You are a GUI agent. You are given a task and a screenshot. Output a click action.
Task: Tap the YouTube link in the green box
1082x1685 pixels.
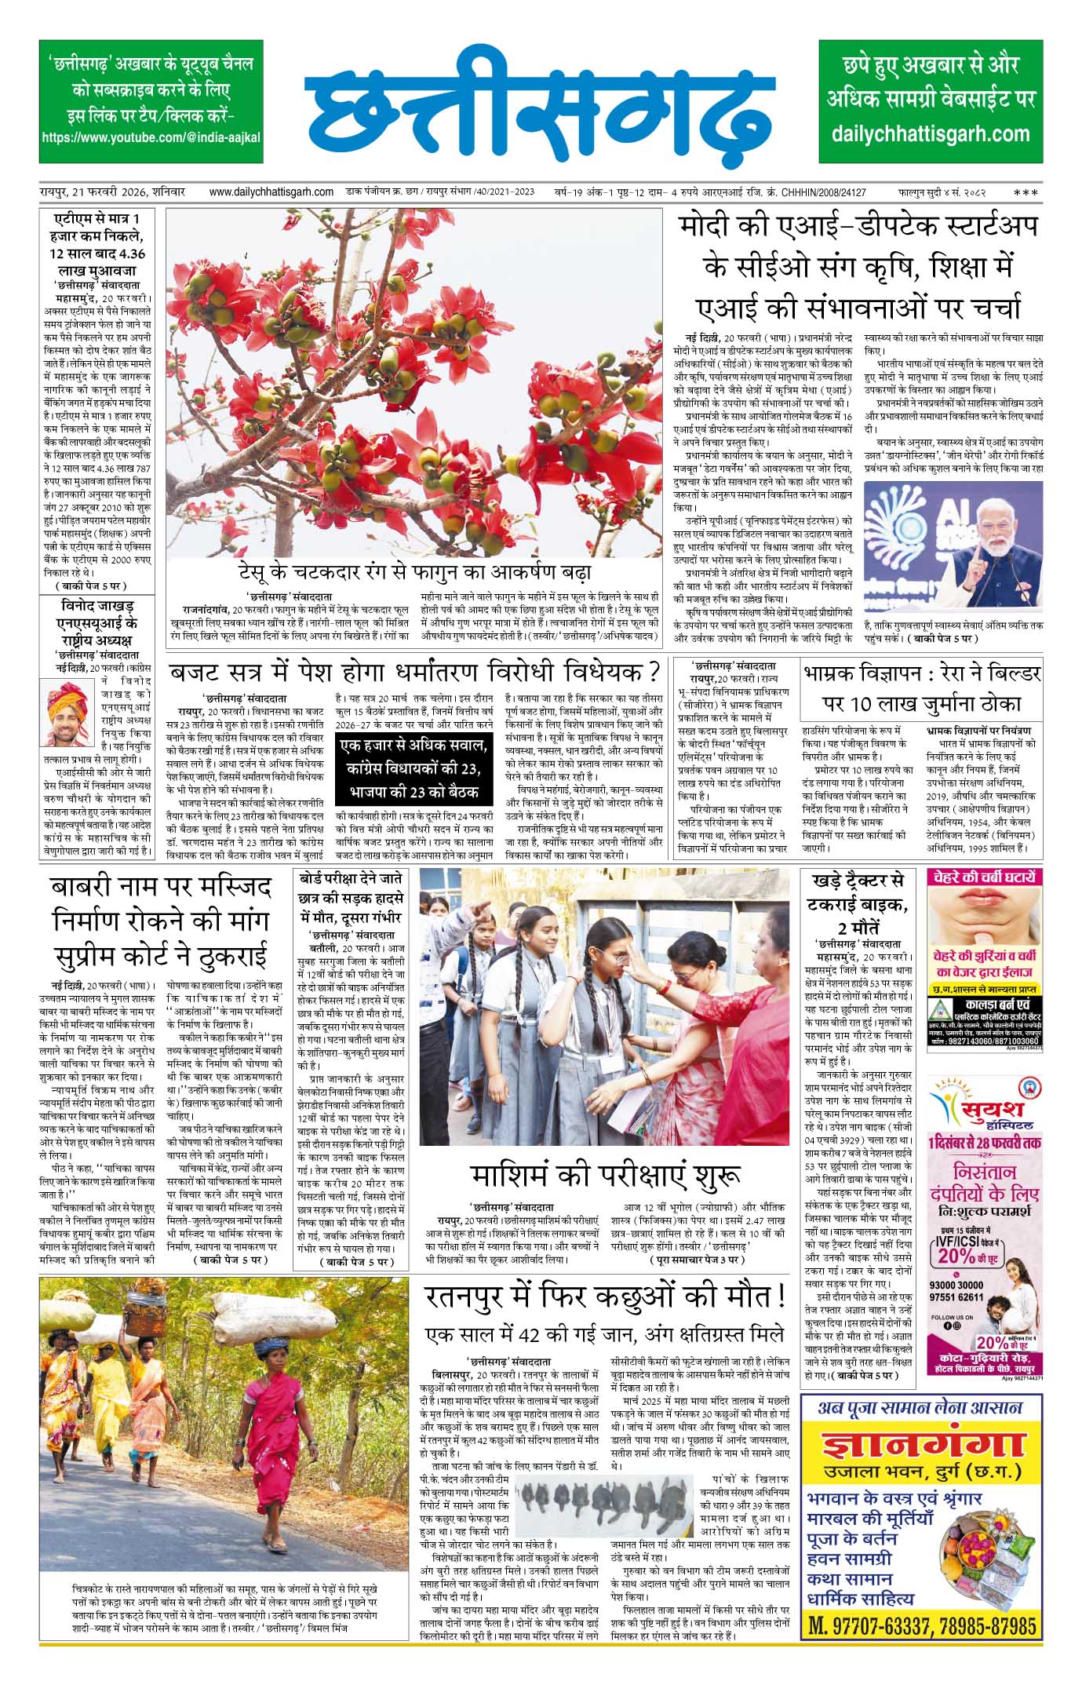point(151,137)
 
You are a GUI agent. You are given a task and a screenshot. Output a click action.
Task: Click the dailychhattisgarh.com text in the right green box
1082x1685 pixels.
point(932,133)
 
